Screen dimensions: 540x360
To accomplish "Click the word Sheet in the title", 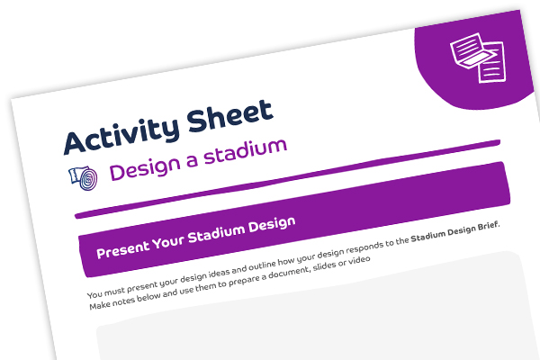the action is tap(229, 116).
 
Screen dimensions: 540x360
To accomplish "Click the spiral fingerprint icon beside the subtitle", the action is tap(84, 177).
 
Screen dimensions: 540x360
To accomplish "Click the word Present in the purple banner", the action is tap(122, 248).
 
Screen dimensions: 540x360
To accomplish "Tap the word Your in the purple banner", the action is tap(168, 240).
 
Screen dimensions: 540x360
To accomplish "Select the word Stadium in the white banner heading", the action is tap(217, 233).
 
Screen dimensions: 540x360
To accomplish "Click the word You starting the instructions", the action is tap(94, 294).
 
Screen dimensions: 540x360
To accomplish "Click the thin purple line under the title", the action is tap(287, 179).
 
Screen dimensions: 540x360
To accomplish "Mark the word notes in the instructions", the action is tap(123, 301).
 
